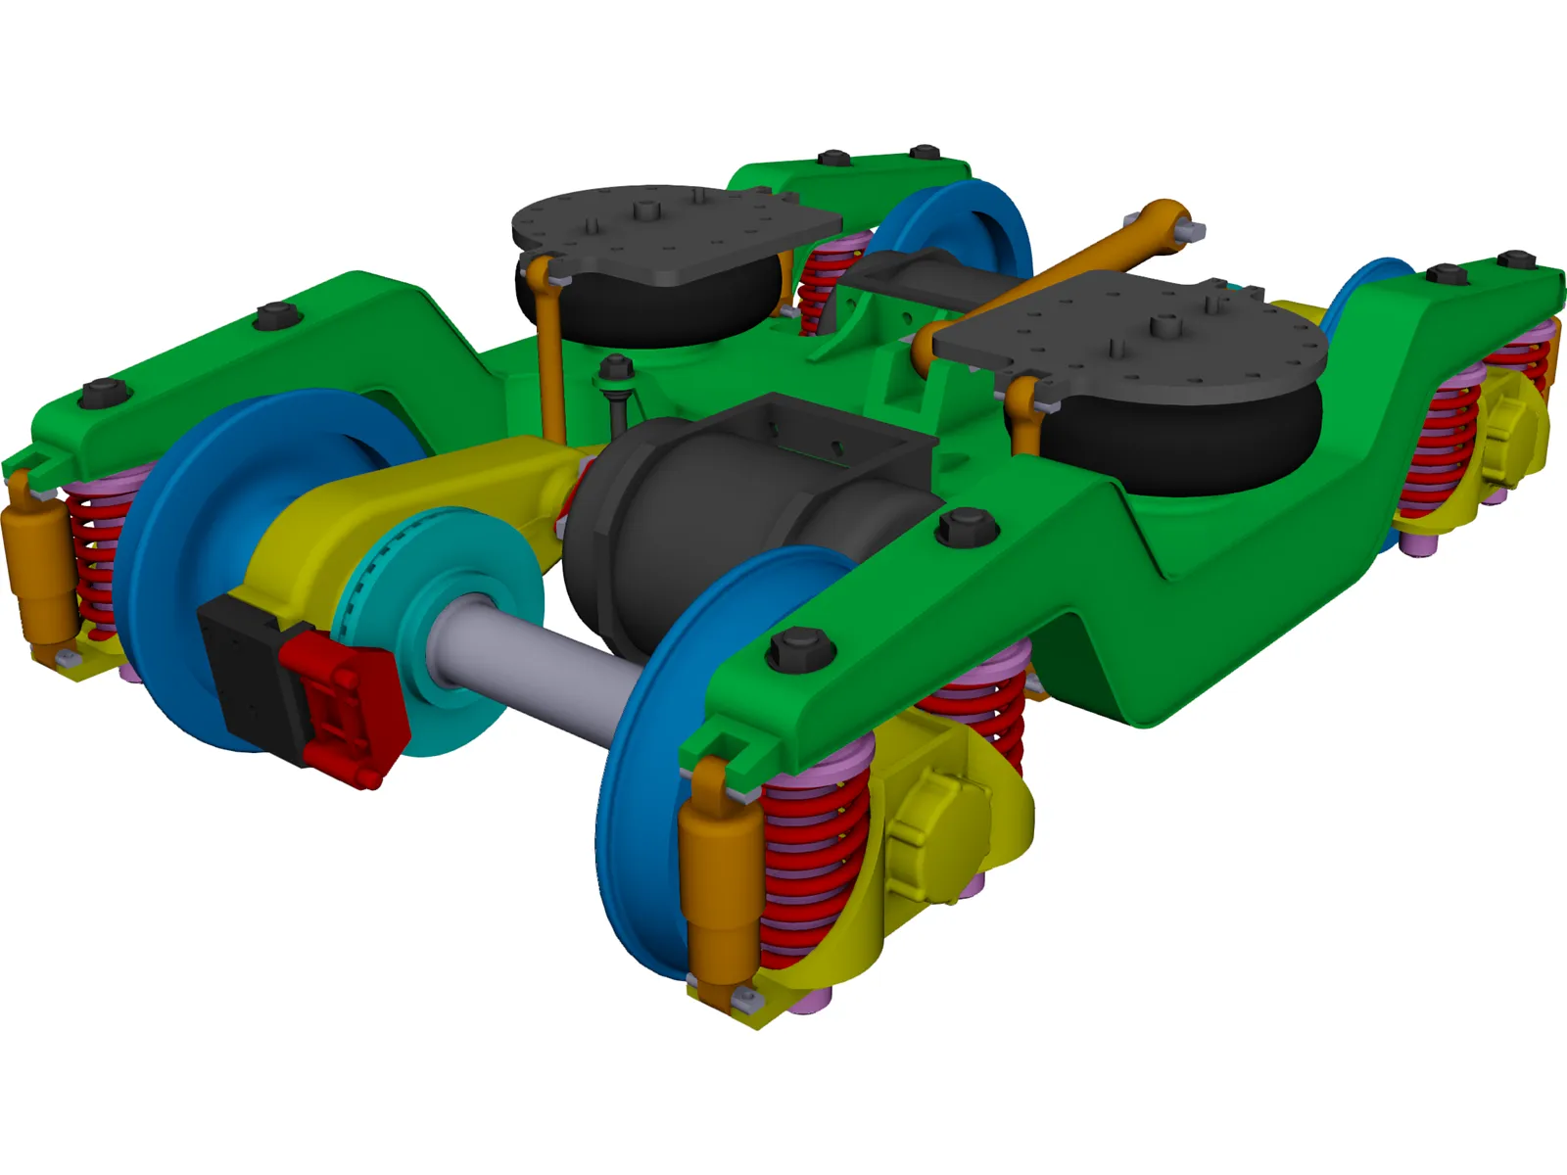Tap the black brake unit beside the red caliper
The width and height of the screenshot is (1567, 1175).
tap(245, 666)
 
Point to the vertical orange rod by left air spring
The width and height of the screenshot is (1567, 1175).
tap(550, 352)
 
